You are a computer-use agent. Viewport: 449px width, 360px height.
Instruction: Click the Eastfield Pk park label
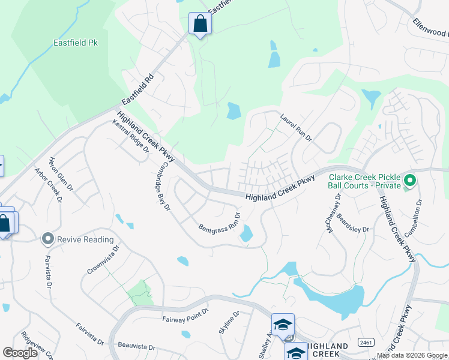(75, 43)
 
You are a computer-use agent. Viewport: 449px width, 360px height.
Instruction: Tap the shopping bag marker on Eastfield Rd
(200, 25)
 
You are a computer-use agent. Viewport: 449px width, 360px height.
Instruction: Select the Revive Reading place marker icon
(48, 239)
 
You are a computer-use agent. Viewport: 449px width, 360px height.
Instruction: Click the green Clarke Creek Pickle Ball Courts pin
(410, 180)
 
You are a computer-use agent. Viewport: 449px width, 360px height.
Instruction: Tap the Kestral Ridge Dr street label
(130, 136)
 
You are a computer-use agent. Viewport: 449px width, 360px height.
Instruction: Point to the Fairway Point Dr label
(184, 316)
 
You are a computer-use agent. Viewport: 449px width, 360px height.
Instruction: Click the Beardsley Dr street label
(352, 223)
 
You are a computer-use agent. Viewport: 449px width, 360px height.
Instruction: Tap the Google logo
(20, 353)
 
